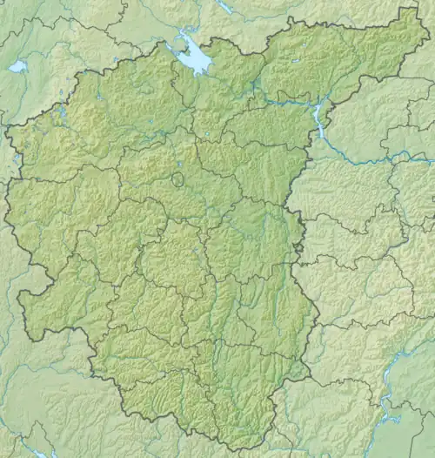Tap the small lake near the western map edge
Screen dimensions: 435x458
pos(17,66)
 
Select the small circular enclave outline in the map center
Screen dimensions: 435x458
pos(177,179)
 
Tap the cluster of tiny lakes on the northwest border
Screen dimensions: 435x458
pos(63,111)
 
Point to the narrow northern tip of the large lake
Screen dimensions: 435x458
pos(183,35)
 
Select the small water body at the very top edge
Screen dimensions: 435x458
pos(225,6)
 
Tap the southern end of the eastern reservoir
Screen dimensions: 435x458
pos(323,137)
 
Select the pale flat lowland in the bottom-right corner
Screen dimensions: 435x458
pos(409,435)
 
